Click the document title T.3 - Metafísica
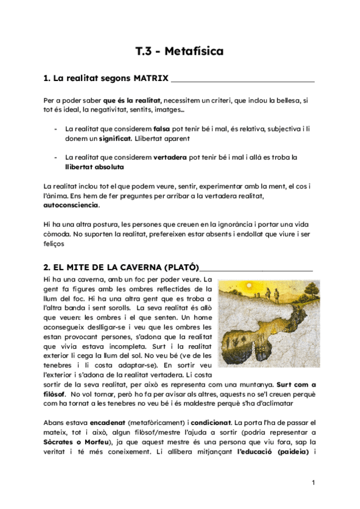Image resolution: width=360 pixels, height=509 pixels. [x=179, y=52]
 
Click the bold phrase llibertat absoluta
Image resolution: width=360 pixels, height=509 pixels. [x=95, y=167]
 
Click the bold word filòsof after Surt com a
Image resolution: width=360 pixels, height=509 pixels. [x=55, y=394]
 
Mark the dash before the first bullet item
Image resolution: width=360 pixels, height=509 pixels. [x=56, y=128]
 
